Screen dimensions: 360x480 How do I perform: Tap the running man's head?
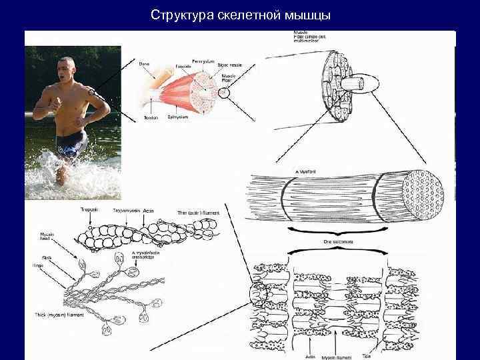[69, 68]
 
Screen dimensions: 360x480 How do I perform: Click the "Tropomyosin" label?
[126, 210]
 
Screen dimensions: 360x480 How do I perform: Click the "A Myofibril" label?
[307, 171]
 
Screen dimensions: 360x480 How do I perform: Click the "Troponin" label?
[89, 210]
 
